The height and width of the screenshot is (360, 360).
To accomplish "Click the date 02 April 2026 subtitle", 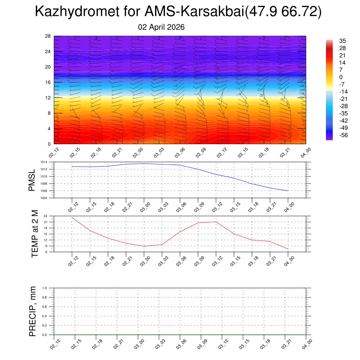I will point(161,27).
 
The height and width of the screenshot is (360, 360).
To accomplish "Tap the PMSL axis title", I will point(32,180).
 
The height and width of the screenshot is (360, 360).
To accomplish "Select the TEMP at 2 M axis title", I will point(34,234).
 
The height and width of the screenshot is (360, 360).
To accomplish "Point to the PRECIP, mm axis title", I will point(33,311).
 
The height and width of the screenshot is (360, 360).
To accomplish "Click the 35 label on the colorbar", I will point(342,41).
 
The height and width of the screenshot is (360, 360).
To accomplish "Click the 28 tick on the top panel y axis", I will point(48,36).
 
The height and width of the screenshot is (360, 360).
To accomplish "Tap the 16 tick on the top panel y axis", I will point(48,82).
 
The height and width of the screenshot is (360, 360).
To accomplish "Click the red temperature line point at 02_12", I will point(72,218).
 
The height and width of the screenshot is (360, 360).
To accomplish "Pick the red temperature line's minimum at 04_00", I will point(288,249).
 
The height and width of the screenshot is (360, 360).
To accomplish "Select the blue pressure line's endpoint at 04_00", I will point(288,191).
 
